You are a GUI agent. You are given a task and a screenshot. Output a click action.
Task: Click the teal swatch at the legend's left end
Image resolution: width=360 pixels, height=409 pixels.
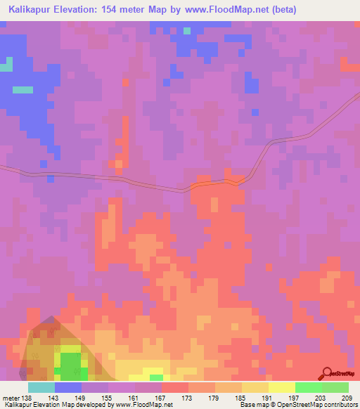click(41, 388)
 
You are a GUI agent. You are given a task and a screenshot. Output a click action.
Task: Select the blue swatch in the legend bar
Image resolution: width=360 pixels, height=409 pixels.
click(68, 388)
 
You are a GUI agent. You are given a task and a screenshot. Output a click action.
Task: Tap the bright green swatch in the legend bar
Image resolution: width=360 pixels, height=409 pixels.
click(308, 388)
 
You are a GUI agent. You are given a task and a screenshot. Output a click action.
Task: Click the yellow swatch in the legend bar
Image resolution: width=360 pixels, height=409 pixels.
click(281, 388)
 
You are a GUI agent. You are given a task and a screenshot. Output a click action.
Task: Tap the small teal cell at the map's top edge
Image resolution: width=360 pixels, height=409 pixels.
click(186, 30)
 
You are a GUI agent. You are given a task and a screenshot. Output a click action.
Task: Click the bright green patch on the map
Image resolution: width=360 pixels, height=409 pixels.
click(70, 364)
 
